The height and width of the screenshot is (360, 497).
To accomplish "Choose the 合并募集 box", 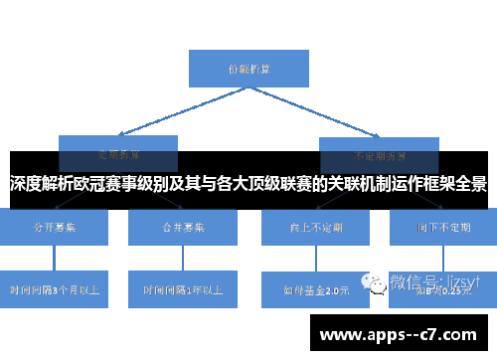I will tap(183, 228).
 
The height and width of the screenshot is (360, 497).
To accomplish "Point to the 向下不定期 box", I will tap(443, 228).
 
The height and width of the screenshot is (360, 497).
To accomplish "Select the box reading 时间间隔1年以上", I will tap(183, 289).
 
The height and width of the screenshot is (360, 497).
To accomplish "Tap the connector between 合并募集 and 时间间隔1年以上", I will tap(183, 259).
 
